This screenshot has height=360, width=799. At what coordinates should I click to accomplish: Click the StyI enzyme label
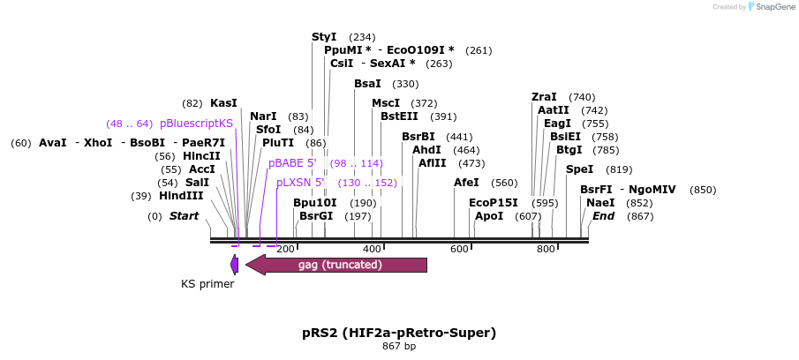[324, 37]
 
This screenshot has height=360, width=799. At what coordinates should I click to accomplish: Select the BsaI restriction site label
[367, 84]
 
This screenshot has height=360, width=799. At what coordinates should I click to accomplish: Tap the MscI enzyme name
[386, 103]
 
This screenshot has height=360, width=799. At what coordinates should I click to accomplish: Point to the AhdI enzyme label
[426, 150]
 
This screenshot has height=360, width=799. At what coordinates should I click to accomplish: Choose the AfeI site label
[466, 183]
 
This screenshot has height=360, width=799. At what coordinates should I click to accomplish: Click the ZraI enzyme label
[544, 97]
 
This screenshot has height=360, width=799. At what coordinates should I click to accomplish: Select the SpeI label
[579, 169]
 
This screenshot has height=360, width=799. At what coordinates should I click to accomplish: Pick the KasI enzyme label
[223, 103]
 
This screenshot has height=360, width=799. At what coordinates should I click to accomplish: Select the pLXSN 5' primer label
[300, 183]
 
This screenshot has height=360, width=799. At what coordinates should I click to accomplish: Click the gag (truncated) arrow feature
[340, 265]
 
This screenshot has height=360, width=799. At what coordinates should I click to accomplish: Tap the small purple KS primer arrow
[234, 265]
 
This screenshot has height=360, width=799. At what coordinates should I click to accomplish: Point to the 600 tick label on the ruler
[459, 250]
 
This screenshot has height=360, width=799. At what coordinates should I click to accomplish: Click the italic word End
[603, 216]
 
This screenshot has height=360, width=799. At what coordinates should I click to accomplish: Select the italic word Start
[184, 216]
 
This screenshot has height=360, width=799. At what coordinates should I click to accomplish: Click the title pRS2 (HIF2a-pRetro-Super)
[399, 333]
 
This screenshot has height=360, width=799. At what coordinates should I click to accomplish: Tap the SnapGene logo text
[771, 7]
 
